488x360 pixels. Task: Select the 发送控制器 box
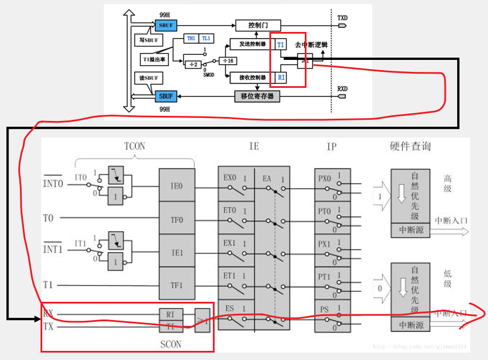pos(251,44)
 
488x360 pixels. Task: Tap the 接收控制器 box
pos(251,77)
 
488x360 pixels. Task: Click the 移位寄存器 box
pos(257,96)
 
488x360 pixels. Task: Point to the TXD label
pos(342,18)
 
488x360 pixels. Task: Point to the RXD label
pos(342,88)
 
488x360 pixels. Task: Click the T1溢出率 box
pos(154,59)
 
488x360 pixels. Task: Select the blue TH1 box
pos(191,38)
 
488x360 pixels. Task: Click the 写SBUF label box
pos(148,40)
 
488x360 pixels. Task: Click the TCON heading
pos(135,146)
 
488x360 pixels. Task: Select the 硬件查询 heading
pos(406,147)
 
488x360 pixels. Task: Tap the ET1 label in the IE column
pos(229,276)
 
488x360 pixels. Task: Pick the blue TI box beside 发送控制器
pos(280,44)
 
